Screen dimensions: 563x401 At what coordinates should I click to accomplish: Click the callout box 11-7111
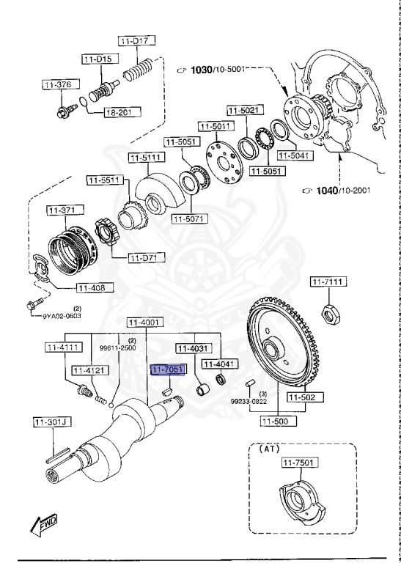(328, 281)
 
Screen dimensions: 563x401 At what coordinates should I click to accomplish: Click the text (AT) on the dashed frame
(268, 449)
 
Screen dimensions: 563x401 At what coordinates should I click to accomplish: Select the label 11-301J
(50, 422)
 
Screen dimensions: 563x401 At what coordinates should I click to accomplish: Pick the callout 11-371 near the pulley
(62, 210)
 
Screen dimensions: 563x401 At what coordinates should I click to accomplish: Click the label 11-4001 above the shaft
(144, 322)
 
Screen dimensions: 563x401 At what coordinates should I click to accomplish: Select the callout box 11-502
(301, 397)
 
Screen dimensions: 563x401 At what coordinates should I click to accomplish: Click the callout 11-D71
(147, 257)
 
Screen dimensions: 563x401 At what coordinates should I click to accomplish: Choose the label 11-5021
(243, 110)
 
